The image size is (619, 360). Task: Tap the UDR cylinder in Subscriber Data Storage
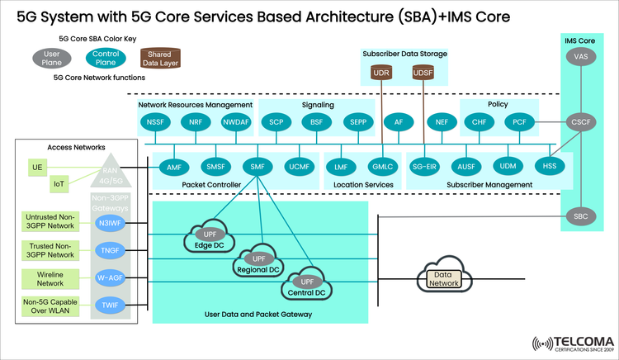pyautogui.click(x=381, y=73)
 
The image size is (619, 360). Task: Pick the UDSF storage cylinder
pyautogui.click(x=423, y=73)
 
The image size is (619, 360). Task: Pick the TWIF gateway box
pyautogui.click(x=109, y=305)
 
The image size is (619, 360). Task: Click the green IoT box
pyautogui.click(x=59, y=183)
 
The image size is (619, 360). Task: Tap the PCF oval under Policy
pyautogui.click(x=520, y=122)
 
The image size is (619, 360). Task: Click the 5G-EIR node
pyautogui.click(x=428, y=167)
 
